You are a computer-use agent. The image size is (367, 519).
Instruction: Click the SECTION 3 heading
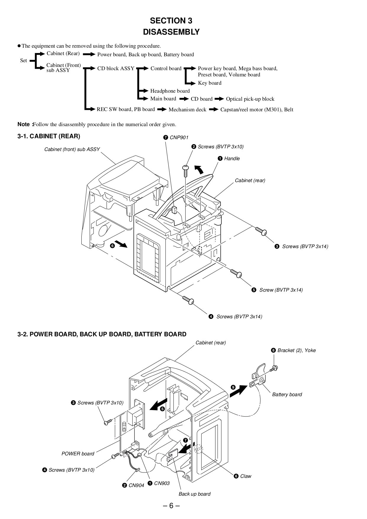171,21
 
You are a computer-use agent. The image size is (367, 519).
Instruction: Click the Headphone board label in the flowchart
170,91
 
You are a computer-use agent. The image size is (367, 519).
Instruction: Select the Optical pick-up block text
250,99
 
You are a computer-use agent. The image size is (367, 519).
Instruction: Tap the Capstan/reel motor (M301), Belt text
257,110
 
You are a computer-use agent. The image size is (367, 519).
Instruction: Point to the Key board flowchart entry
210,83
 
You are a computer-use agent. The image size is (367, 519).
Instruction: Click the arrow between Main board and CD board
184,99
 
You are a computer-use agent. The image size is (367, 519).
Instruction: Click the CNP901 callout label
178,137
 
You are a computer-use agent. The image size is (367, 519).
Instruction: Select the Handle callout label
232,158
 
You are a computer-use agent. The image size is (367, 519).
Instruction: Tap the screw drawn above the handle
185,170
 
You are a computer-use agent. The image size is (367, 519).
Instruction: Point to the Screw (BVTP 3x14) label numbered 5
281,290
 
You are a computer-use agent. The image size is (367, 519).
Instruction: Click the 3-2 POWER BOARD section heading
102,334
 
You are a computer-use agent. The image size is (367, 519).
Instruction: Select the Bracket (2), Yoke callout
296,350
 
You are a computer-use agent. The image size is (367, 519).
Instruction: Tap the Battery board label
287,394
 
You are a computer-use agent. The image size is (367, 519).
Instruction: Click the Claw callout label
245,476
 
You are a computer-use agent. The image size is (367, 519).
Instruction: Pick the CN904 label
136,485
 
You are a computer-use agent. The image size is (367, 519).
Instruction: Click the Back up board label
194,494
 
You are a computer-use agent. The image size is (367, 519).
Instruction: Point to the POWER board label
78,454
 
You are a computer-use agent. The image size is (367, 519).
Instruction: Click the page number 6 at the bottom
171,505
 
